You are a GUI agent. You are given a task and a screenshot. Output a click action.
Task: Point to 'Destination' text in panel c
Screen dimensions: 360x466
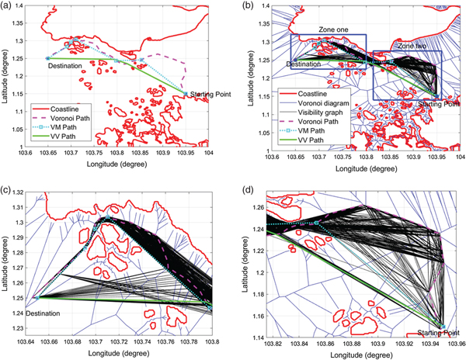47,313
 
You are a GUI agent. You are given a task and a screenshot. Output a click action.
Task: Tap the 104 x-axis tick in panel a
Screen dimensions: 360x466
208,154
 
